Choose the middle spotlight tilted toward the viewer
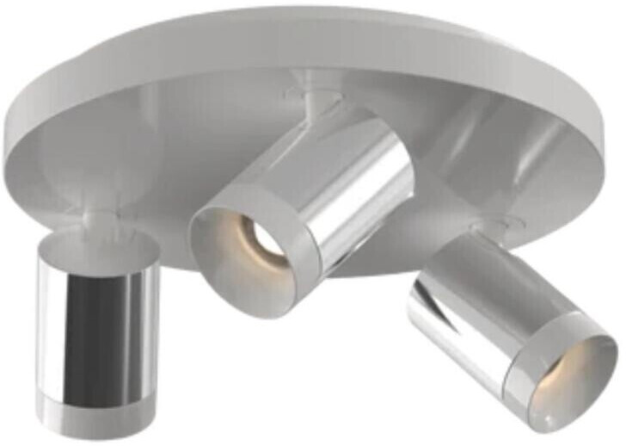pyautogui.click(x=310, y=207)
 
